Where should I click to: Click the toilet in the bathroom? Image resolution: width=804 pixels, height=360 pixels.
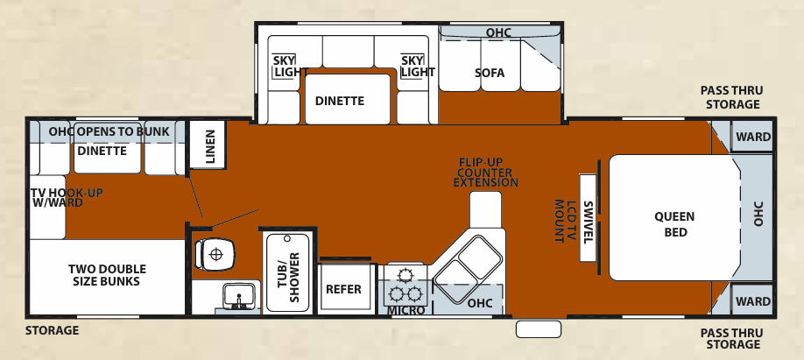click(215, 254)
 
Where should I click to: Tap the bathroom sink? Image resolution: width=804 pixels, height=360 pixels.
click(236, 298)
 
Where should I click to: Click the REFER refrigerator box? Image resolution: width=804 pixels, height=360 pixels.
click(343, 290)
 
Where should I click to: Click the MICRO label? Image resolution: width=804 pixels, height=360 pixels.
click(406, 310)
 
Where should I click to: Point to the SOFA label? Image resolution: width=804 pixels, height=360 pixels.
click(490, 73)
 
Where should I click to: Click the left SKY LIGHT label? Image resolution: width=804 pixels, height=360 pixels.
click(285, 66)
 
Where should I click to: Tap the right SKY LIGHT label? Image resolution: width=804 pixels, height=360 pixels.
click(417, 66)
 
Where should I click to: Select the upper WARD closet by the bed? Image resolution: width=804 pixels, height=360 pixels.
click(752, 137)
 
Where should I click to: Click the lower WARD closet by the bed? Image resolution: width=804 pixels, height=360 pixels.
click(752, 301)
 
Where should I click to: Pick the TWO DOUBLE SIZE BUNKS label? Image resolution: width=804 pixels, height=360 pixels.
click(107, 275)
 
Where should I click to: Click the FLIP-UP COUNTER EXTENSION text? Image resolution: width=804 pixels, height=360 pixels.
click(489, 173)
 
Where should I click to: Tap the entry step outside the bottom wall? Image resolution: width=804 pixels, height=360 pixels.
click(538, 329)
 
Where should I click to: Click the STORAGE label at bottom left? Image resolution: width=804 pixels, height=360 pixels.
click(52, 330)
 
